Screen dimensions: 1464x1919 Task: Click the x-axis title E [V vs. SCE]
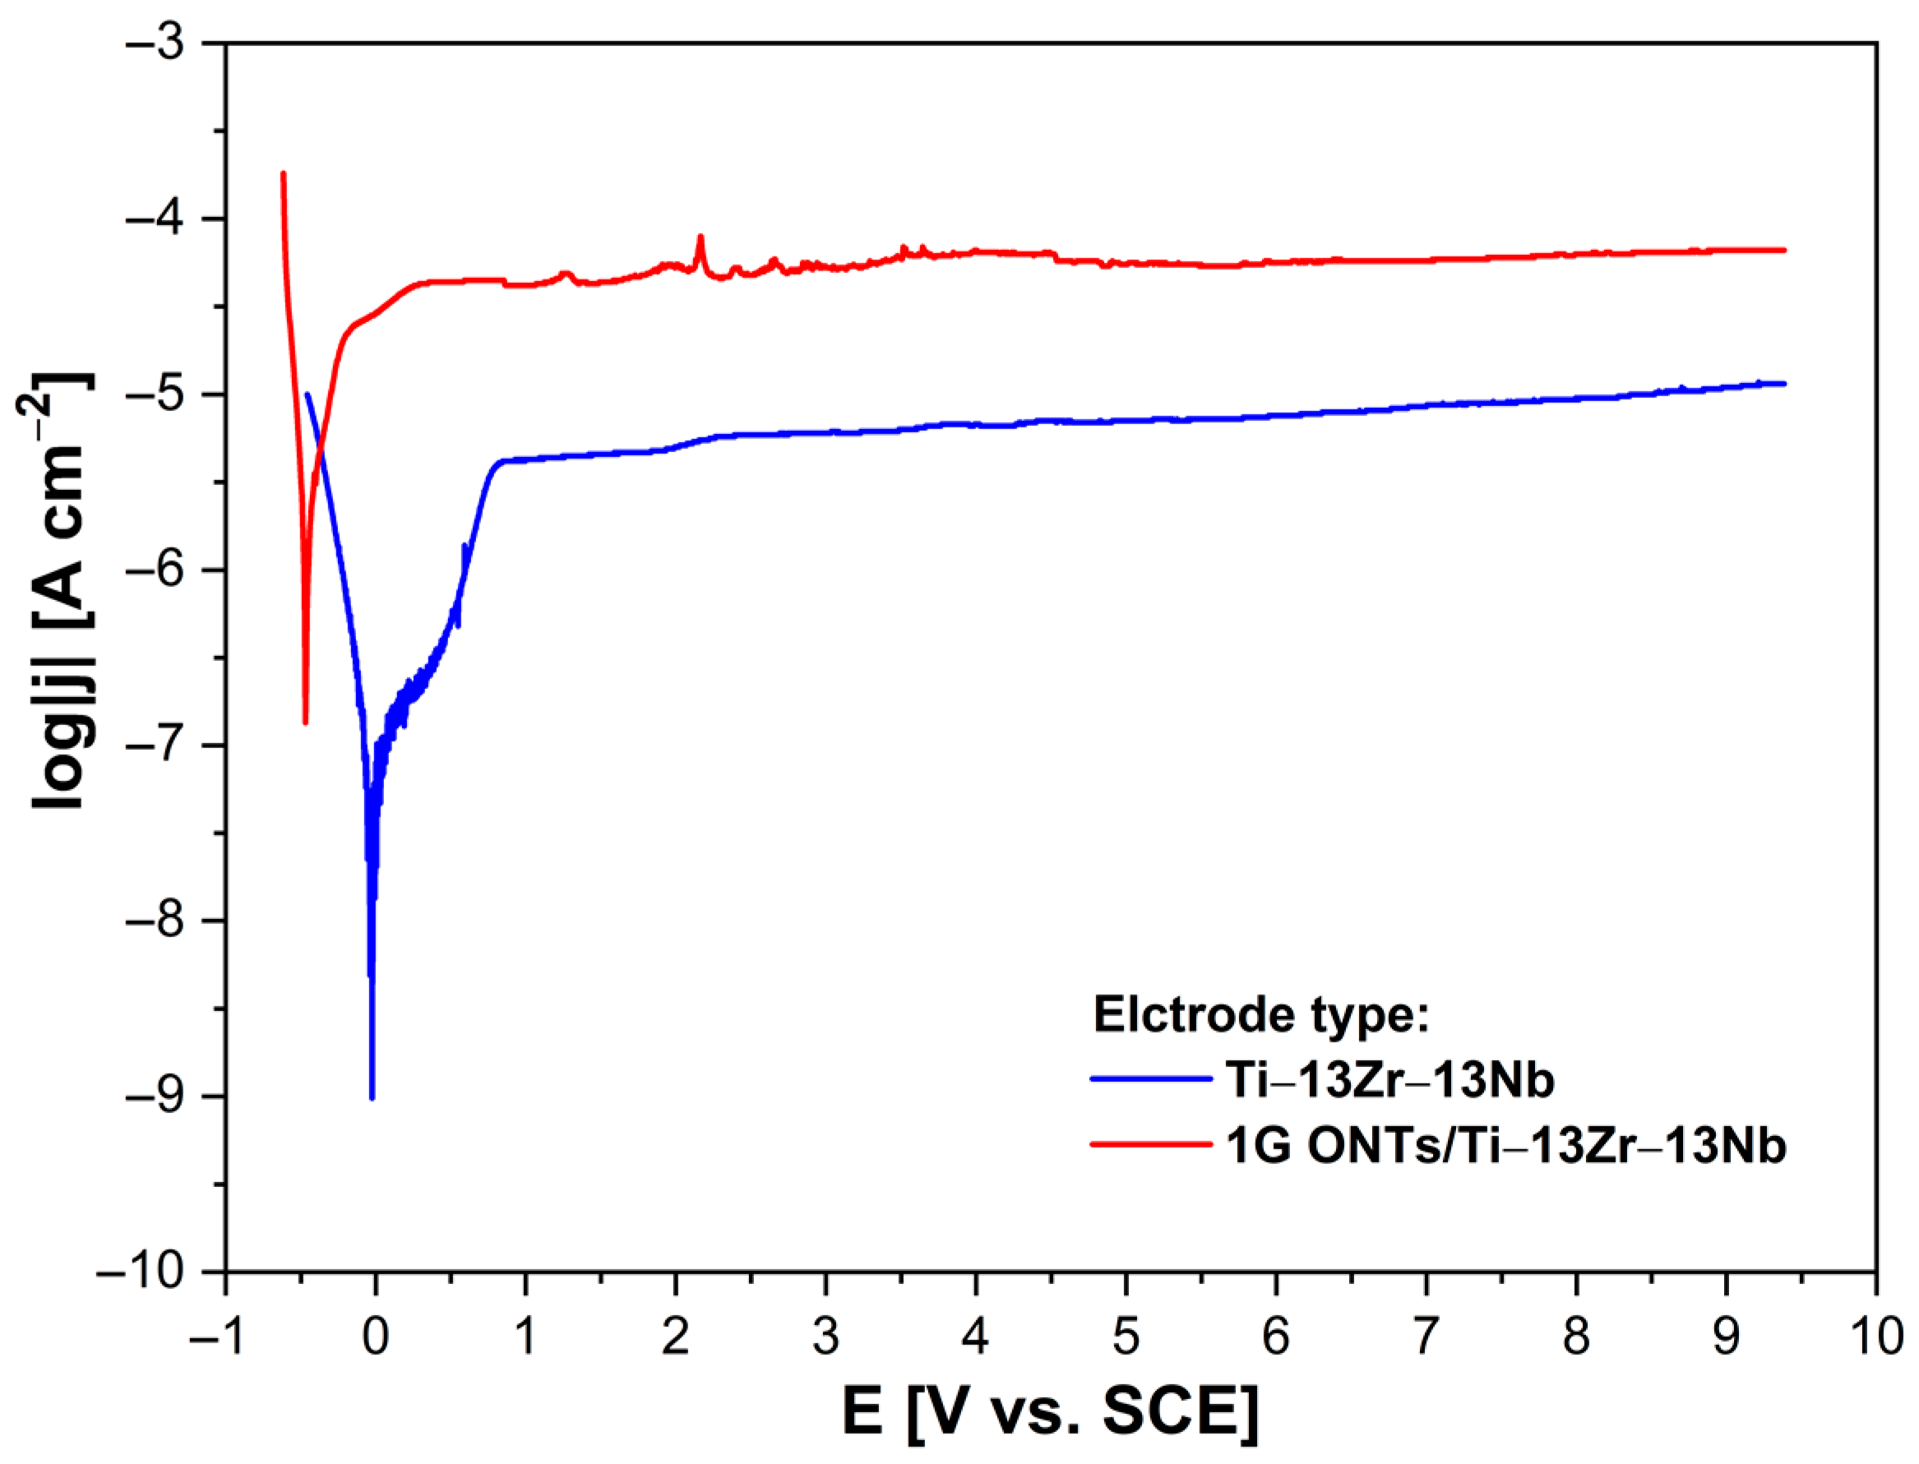tap(1050, 1412)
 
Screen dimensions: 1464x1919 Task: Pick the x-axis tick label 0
tap(376, 1335)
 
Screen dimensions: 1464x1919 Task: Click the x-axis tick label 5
tap(1126, 1335)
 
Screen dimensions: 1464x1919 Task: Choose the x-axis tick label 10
tap(1874, 1335)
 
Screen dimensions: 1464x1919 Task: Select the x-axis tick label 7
tap(1426, 1335)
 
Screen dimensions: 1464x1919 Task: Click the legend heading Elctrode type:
tap(1261, 1014)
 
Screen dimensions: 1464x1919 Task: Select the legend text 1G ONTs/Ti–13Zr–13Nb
tap(1506, 1146)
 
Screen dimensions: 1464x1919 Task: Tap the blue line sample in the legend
tap(1150, 1078)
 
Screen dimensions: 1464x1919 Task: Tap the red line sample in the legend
tap(1150, 1144)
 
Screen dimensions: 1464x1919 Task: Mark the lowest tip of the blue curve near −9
tap(372, 1098)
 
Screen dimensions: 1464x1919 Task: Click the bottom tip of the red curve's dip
tap(305, 723)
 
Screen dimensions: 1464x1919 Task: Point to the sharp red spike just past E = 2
tap(700, 236)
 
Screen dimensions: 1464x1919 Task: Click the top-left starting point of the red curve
tap(283, 173)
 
